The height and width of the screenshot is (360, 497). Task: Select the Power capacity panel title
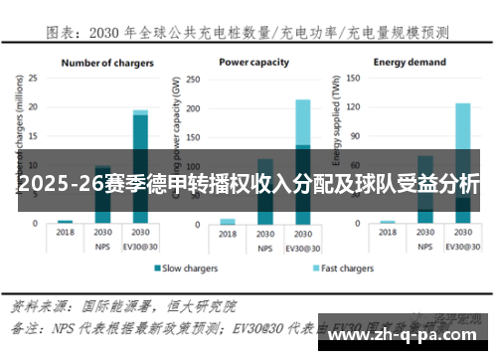254,62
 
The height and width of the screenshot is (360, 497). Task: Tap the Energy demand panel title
411,62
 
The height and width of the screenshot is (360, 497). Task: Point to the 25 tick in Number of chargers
33,77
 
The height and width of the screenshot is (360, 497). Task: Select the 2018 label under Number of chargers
66,233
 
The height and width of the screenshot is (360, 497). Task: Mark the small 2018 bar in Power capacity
228,221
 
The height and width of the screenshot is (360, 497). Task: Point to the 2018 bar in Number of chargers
66,222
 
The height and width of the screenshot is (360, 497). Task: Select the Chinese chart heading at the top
248,33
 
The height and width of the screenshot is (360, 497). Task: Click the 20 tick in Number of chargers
33,106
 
